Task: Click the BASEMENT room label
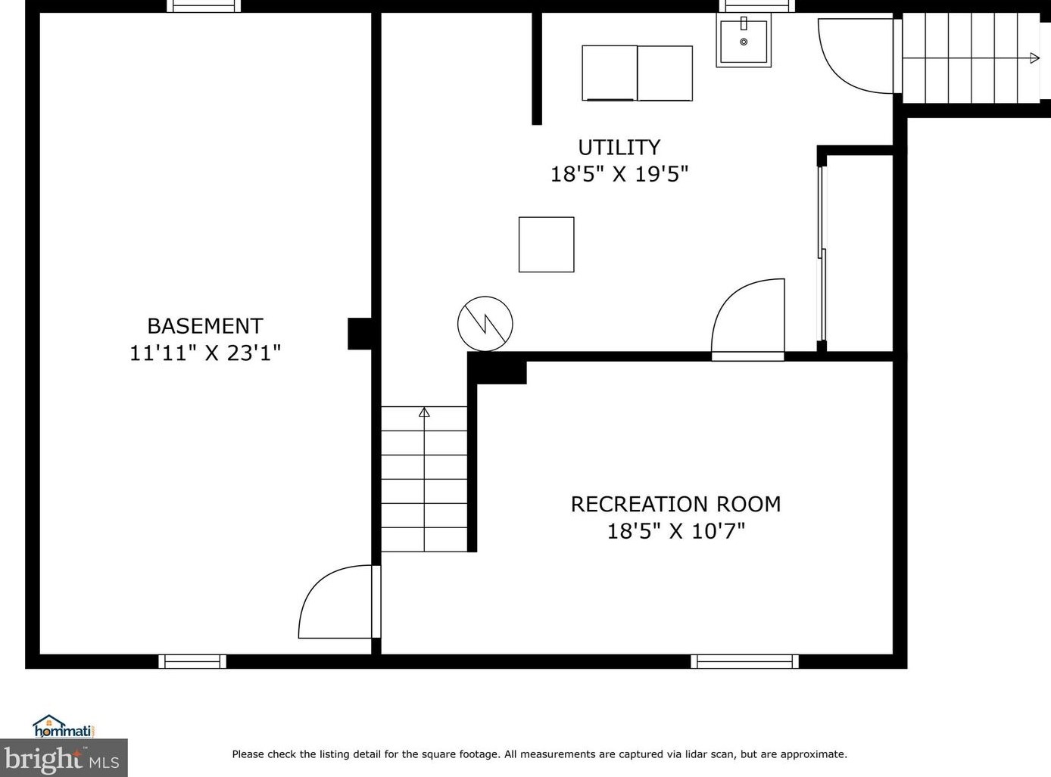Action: pyautogui.click(x=205, y=326)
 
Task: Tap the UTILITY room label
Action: pyautogui.click(x=619, y=148)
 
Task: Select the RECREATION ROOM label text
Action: pyautogui.click(x=675, y=505)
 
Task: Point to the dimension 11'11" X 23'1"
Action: pyautogui.click(x=205, y=353)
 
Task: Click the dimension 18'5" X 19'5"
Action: pyautogui.click(x=619, y=174)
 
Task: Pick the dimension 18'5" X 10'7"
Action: pyautogui.click(x=676, y=531)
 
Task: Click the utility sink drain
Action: pyautogui.click(x=744, y=42)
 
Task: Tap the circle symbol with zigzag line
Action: pyautogui.click(x=485, y=324)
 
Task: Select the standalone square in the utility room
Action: pyautogui.click(x=547, y=244)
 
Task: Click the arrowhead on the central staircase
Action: pyautogui.click(x=424, y=412)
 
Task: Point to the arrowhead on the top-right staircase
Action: pyautogui.click(x=1035, y=58)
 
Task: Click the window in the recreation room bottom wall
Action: pyautogui.click(x=744, y=661)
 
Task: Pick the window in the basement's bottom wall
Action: pyautogui.click(x=192, y=661)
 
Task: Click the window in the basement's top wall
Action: pyautogui.click(x=204, y=6)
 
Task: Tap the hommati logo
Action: pyautogui.click(x=63, y=727)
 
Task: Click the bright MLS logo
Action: pyautogui.click(x=63, y=758)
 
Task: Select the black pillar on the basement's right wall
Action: pyautogui.click(x=360, y=334)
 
